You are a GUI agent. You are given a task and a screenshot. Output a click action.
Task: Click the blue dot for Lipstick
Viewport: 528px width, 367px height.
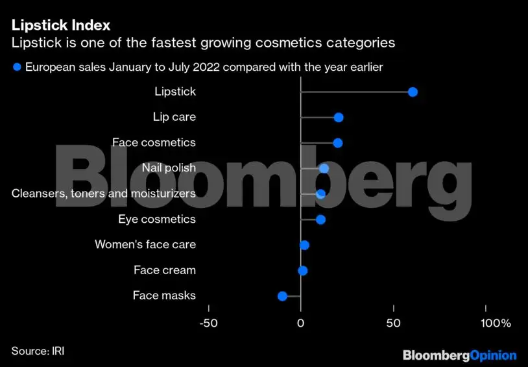point(413,92)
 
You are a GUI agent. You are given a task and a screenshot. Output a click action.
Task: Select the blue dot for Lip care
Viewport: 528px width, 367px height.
point(338,118)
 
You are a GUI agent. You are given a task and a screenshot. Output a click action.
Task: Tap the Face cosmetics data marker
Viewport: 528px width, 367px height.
point(337,143)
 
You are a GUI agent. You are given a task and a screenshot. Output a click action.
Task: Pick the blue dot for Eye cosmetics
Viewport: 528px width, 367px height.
point(320,220)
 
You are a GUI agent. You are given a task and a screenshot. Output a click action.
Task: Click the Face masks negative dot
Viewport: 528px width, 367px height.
point(282,296)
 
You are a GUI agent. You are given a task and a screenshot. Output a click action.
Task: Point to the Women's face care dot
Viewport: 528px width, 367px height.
point(304,245)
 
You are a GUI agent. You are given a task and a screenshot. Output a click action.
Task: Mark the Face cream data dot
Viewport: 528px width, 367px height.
point(302,271)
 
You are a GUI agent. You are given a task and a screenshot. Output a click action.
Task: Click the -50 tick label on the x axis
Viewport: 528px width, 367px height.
point(208,323)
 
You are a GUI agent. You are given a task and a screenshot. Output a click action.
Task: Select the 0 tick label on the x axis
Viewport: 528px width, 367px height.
point(300,323)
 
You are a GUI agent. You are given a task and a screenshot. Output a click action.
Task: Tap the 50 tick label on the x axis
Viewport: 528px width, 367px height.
point(392,323)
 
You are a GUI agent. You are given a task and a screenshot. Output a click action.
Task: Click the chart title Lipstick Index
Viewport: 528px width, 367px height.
point(60,25)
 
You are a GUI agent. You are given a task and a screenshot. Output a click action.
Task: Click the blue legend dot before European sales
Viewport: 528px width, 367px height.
point(17,67)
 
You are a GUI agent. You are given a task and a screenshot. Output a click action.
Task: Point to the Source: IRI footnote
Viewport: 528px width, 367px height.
point(38,351)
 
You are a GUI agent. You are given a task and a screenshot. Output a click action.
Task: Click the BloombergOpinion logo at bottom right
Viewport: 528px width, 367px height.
point(459,355)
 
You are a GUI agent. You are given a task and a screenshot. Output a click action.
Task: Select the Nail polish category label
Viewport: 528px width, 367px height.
point(169,168)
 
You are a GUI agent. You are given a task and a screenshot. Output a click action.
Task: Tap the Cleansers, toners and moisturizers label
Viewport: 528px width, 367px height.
point(104,194)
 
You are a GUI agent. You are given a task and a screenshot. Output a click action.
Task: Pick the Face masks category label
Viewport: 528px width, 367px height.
point(164,296)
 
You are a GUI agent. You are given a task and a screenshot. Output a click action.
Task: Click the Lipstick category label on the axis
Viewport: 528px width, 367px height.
point(175,92)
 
